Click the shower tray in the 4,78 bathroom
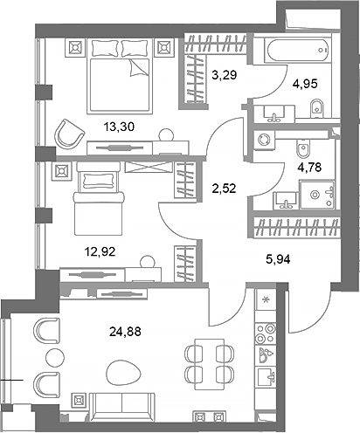(x=315, y=193)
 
